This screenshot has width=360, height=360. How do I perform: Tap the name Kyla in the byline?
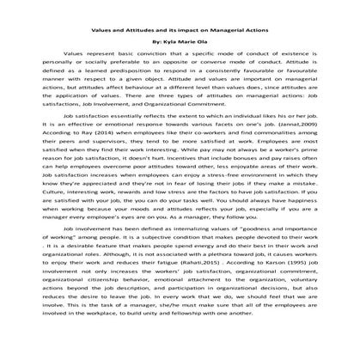click(x=169, y=40)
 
